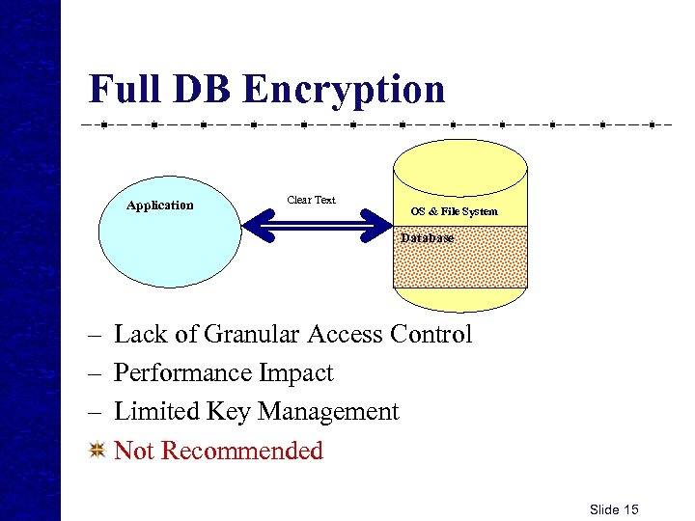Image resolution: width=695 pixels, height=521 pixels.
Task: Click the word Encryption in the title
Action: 344,90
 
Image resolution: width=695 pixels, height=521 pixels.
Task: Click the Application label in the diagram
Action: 160,205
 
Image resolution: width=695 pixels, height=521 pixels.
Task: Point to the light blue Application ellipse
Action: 169,241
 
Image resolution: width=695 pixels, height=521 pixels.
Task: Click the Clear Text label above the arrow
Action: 312,200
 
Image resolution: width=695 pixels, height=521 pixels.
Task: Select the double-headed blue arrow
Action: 313,228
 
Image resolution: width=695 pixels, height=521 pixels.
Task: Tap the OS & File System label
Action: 454,211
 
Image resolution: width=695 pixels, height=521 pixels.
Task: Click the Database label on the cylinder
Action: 427,237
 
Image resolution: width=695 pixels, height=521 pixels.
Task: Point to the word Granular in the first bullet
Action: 251,335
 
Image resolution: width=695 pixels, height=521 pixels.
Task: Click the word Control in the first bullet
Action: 431,335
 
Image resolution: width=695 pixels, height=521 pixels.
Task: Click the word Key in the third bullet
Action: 227,412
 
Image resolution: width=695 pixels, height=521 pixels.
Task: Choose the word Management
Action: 327,412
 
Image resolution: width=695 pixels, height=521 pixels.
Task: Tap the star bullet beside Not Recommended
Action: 96,450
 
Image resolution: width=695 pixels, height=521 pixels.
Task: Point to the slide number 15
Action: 630,509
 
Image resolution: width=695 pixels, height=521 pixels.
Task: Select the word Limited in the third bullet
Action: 155,412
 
